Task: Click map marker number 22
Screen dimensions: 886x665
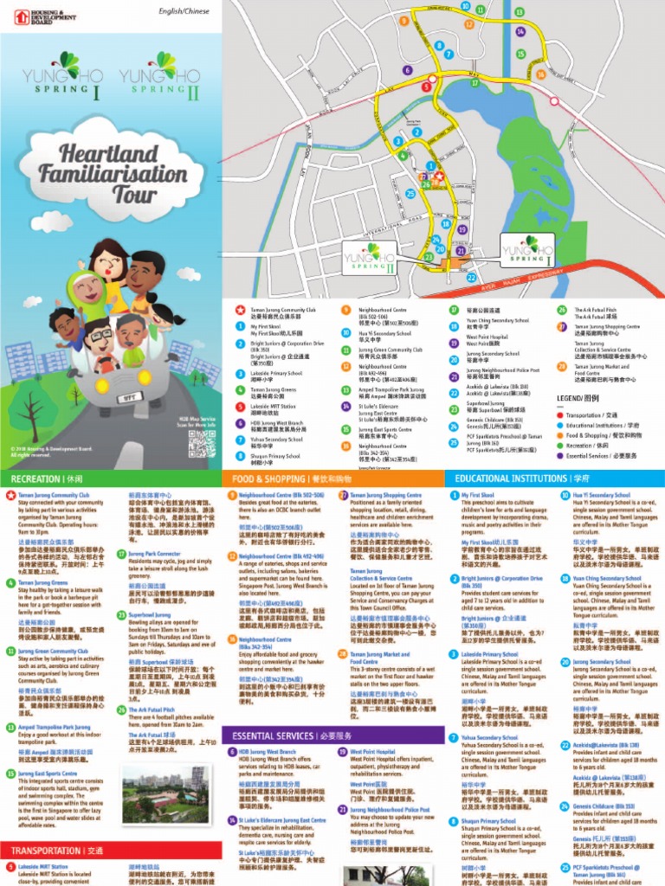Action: tap(471, 278)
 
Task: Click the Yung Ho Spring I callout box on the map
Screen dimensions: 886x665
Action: tap(528, 251)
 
